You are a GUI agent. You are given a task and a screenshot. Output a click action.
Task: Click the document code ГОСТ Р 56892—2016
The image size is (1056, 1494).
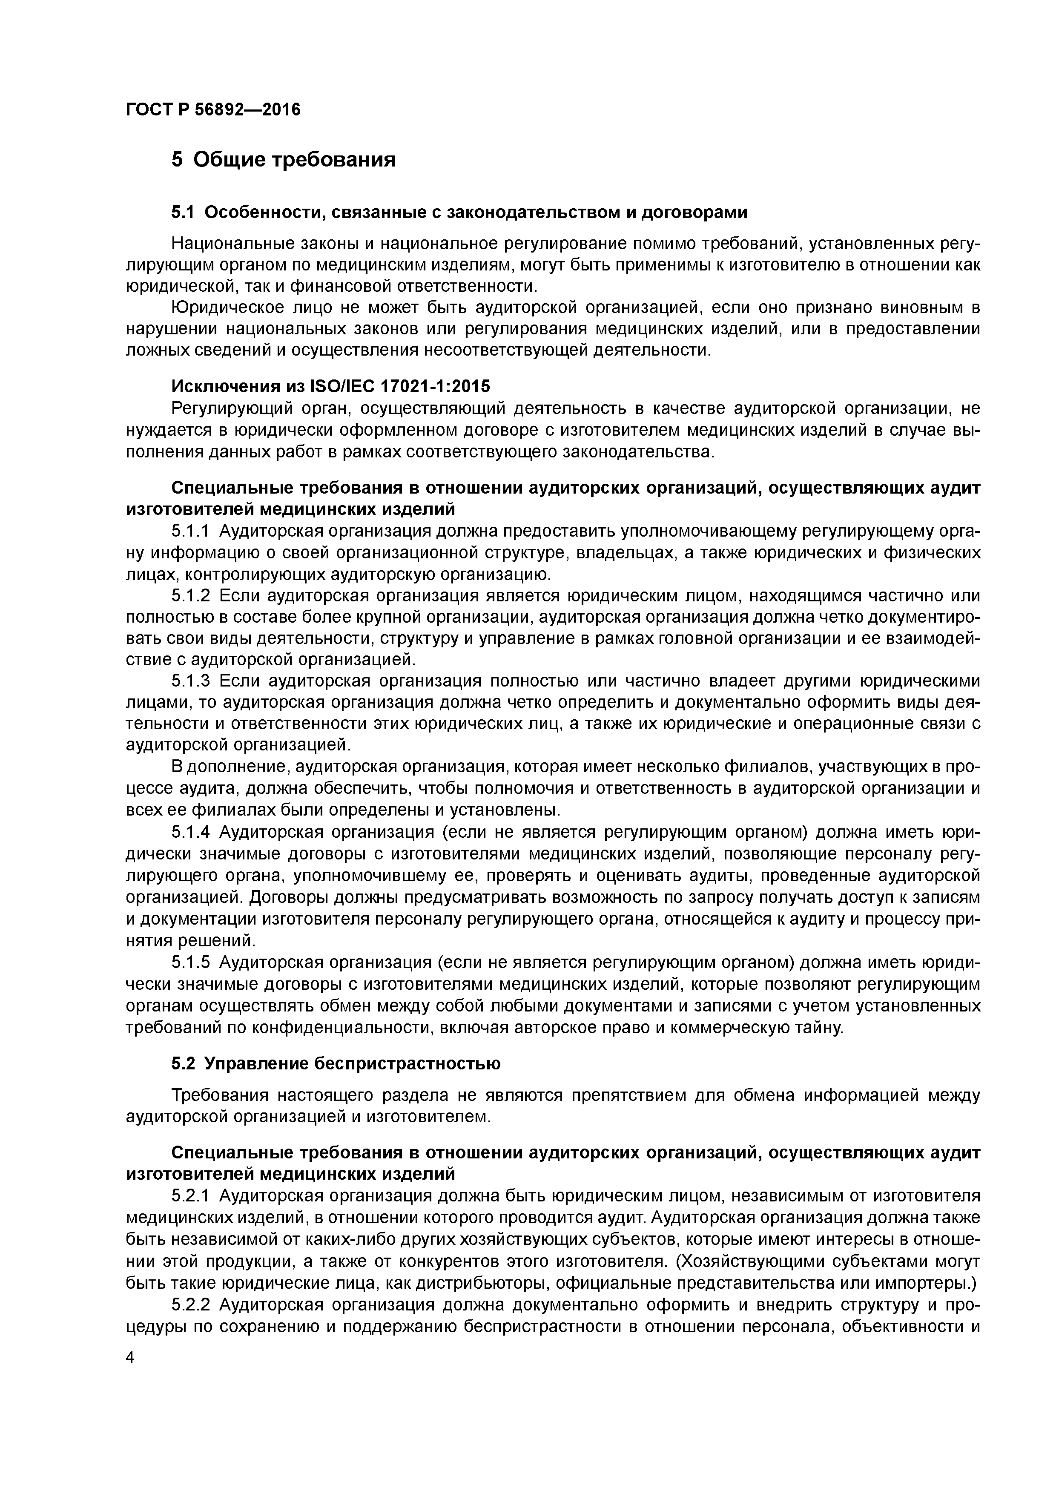tap(213, 109)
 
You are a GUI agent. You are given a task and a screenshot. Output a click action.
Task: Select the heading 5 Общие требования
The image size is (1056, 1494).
tap(283, 159)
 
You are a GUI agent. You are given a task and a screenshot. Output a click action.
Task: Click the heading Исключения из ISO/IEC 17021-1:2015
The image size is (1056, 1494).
tap(330, 387)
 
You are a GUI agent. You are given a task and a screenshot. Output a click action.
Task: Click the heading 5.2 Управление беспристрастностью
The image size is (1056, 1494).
tap(336, 1064)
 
